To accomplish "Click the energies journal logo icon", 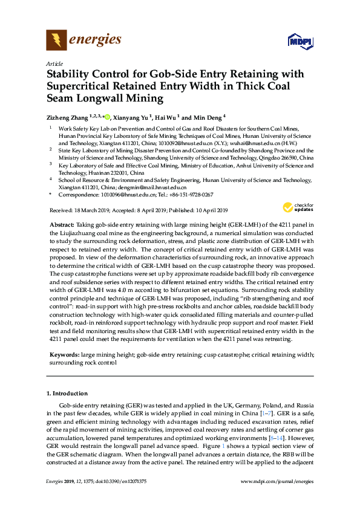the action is pos(56,41).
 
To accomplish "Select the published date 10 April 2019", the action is pos(206,210).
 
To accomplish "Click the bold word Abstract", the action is pos(62,224).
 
